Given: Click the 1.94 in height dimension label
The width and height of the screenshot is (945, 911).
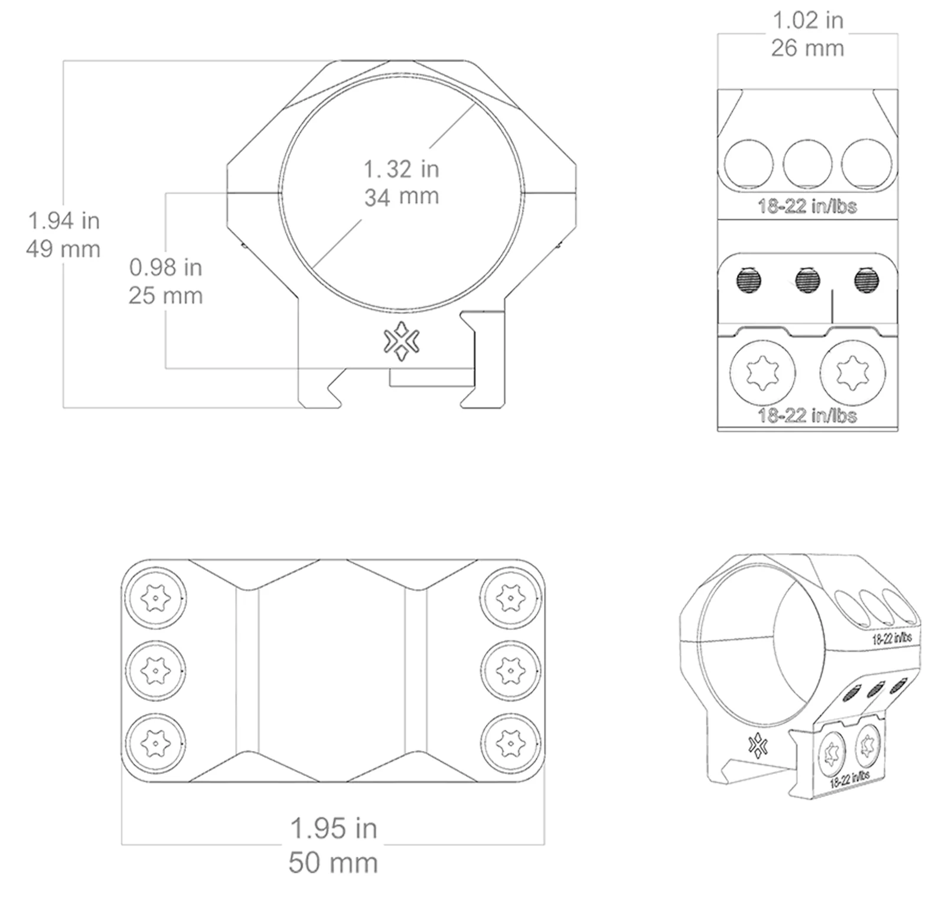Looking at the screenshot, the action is point(64,221).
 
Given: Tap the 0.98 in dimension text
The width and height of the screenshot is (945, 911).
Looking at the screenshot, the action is point(166,267).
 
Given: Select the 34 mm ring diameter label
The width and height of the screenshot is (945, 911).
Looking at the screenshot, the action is point(402,197).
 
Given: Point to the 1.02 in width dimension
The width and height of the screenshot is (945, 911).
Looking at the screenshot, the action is point(808,21).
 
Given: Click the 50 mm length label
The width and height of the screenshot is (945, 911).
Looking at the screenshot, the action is point(333,863).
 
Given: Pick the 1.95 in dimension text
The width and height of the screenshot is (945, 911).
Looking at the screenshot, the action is point(334,828).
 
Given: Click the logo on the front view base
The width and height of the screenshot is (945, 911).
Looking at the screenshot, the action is point(402,341).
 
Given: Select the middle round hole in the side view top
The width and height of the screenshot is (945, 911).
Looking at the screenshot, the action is point(807,164).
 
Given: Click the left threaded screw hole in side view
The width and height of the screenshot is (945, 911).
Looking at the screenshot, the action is point(749,280).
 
